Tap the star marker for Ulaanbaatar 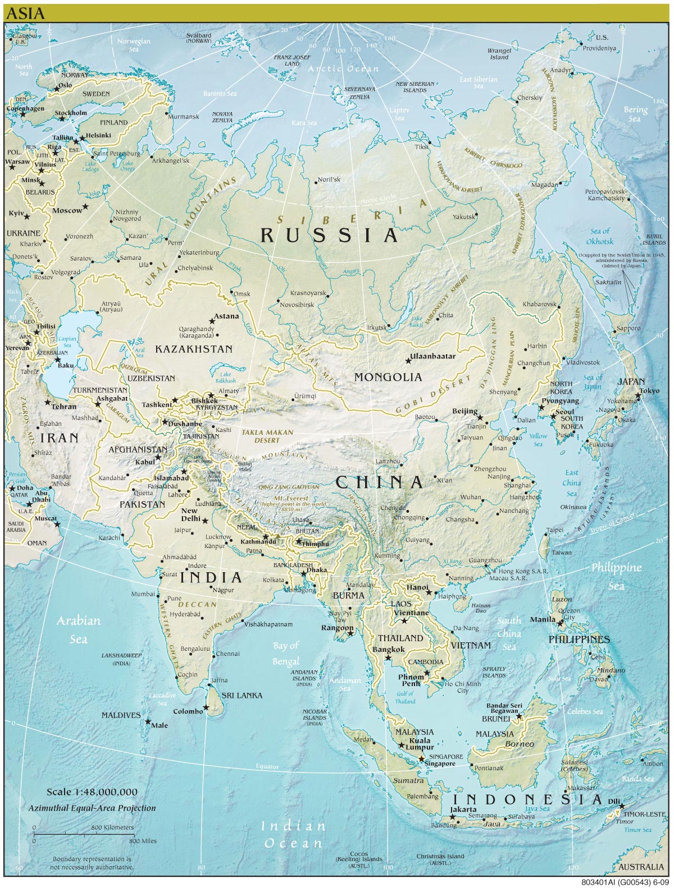[408, 360]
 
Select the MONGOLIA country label [388, 377]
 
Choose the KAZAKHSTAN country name [194, 349]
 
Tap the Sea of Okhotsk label [600, 236]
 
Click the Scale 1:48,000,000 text [92, 792]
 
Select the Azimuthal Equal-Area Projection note [92, 808]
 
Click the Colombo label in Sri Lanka [188, 711]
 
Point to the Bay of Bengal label [286, 654]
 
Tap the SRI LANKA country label [242, 695]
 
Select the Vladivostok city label [582, 362]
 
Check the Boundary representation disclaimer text [92, 863]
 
